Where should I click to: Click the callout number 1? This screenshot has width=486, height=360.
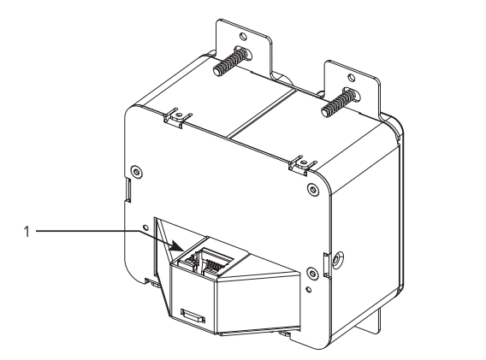pos(27,232)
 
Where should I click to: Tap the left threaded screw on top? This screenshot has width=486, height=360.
pos(232,61)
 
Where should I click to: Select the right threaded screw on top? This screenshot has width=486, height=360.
pos(341,103)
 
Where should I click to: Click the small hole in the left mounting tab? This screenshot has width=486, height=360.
pos(243,37)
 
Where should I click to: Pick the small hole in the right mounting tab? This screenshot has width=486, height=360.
pos(351,78)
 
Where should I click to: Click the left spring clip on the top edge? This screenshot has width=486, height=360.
pos(177,117)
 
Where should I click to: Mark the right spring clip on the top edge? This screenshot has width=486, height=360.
pos(303,166)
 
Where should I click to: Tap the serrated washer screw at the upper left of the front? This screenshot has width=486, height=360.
pos(136,171)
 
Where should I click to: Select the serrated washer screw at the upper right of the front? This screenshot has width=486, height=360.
pos(313,189)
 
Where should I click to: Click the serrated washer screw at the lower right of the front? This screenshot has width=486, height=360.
pos(312,274)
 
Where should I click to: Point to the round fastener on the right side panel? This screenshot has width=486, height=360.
pos(337,257)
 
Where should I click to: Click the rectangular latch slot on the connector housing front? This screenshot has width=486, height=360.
pos(193,316)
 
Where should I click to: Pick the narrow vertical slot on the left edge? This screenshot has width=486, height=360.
pos(128,189)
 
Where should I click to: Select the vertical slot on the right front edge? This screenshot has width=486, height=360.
pos(326,265)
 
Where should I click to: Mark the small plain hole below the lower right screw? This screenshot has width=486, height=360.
pos(308,289)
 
